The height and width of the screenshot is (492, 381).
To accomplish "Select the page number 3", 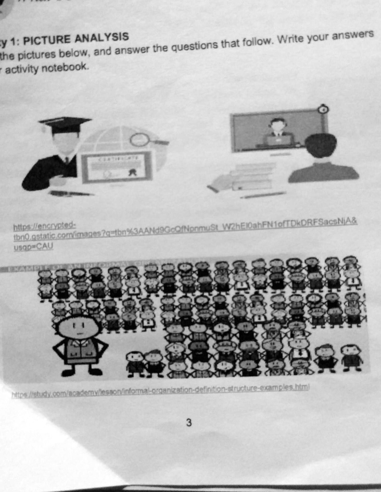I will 189,423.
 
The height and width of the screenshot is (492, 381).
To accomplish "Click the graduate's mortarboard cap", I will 65,124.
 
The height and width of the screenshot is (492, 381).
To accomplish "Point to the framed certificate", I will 116,166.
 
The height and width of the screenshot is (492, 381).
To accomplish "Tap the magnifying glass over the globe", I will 141,140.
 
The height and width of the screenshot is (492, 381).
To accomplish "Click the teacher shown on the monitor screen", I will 278,132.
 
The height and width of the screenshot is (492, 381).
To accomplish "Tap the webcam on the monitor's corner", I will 323,110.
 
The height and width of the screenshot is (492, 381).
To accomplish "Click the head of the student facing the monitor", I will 321,145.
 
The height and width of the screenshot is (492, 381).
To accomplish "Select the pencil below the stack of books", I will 263,195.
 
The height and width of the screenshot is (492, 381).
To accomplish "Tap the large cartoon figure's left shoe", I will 68,371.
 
